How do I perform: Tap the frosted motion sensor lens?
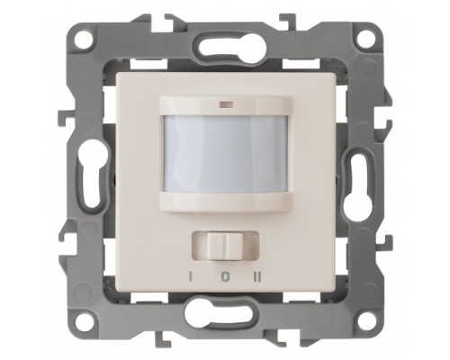click(225, 154)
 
